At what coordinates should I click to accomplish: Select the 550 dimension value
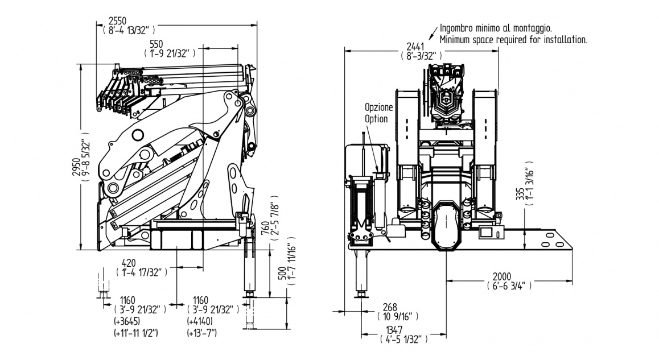click(156, 44)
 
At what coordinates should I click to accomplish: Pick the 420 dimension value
click(130, 263)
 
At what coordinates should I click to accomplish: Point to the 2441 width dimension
click(415, 46)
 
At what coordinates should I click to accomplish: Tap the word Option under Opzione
click(376, 118)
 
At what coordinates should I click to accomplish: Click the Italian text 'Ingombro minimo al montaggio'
click(496, 28)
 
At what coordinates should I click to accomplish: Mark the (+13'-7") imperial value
click(202, 332)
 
